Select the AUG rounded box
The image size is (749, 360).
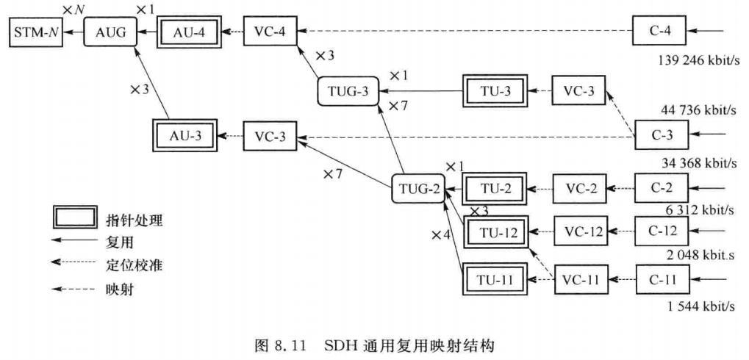pyautogui.click(x=111, y=32)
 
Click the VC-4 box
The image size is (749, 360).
pyautogui.click(x=270, y=32)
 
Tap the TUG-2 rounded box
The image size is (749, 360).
pyautogui.click(x=418, y=189)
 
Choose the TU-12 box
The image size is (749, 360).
pyautogui.click(x=498, y=232)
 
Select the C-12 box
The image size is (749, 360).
pyautogui.click(x=662, y=231)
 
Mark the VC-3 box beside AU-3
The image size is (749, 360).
pyautogui.click(x=270, y=136)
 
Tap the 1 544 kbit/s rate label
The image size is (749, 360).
pyautogui.click(x=700, y=306)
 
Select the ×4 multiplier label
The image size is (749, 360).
pyautogui.click(x=442, y=235)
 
